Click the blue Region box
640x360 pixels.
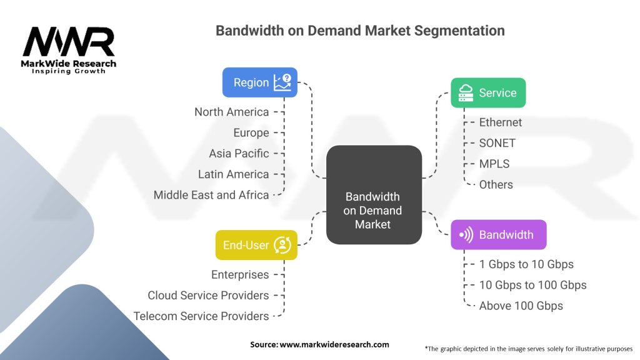tap(259, 82)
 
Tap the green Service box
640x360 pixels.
tap(488, 93)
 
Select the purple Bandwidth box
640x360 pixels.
tap(498, 235)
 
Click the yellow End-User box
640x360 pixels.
tap(256, 245)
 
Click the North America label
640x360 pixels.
tap(231, 112)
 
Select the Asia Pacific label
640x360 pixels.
tap(239, 153)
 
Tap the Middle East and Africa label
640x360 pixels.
tap(211, 195)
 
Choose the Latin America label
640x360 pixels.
tap(233, 174)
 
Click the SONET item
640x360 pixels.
tap(497, 143)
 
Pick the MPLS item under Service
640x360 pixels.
tap(494, 164)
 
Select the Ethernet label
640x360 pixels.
tap(500, 122)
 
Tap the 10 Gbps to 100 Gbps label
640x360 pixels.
tap(532, 285)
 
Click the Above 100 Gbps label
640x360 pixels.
tap(521, 306)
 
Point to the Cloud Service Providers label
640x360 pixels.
tap(208, 295)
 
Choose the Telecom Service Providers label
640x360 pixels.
tap(201, 316)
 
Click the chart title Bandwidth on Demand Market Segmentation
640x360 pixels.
tap(360, 30)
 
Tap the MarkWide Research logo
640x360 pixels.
tap(69, 50)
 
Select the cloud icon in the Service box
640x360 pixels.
tap(466, 93)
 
